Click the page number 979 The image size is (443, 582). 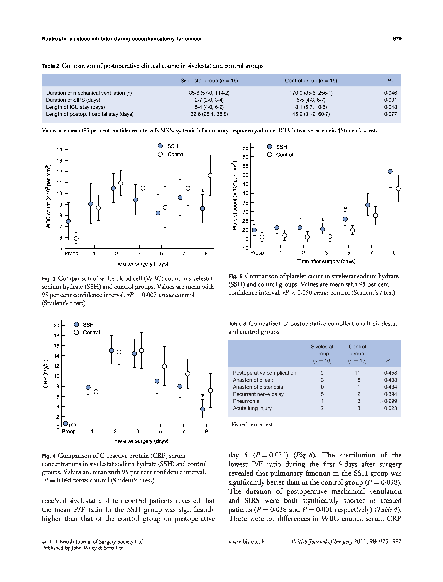(397, 39)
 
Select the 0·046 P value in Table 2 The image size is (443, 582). (390, 93)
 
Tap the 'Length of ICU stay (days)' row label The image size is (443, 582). (75, 107)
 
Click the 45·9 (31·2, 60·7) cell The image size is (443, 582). (311, 114)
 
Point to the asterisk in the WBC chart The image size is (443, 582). (202, 191)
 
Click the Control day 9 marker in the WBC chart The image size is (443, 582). (210, 176)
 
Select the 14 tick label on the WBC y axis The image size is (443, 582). (59, 150)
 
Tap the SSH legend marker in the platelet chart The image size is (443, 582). (269, 147)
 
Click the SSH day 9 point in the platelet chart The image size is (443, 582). (390, 171)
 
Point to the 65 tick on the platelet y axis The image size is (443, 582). (245, 148)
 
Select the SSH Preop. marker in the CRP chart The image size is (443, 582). (65, 424)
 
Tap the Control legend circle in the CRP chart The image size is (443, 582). (76, 332)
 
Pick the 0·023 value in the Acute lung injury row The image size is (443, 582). (390, 408)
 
